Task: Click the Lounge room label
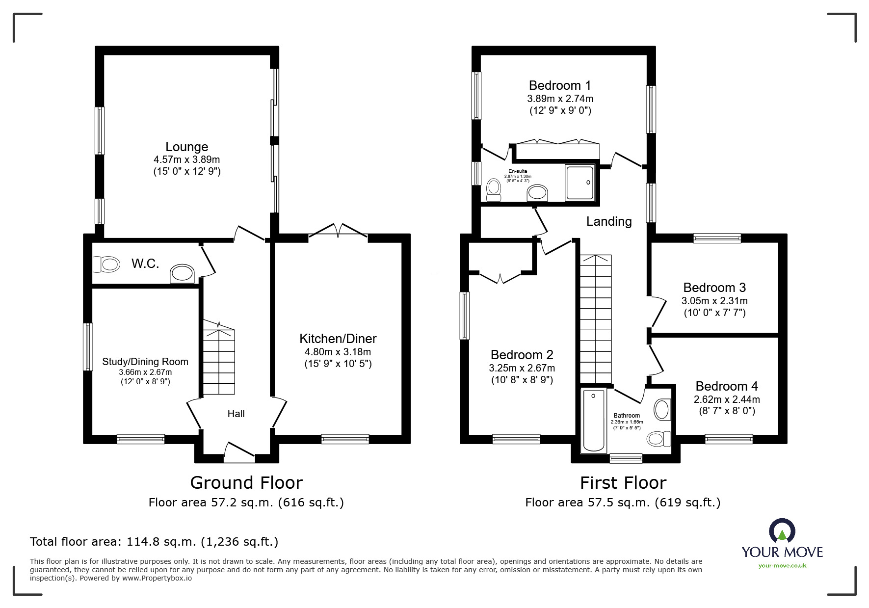[x=186, y=147]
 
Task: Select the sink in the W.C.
[x=183, y=274]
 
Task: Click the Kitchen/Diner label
[x=338, y=339]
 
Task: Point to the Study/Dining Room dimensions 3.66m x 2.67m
[x=145, y=372]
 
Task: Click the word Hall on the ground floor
[x=236, y=414]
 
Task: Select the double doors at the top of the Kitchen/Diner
[x=338, y=231]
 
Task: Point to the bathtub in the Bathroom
[x=594, y=421]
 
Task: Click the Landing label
[x=609, y=221]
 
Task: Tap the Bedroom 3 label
[x=714, y=288]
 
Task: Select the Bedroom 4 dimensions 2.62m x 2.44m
[x=727, y=399]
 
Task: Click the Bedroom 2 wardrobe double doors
[x=500, y=278]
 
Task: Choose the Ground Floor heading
[x=246, y=483]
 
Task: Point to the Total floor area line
[x=154, y=542]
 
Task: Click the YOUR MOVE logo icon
[x=782, y=531]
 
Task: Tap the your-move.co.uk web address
[x=782, y=566]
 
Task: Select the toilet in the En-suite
[x=494, y=190]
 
